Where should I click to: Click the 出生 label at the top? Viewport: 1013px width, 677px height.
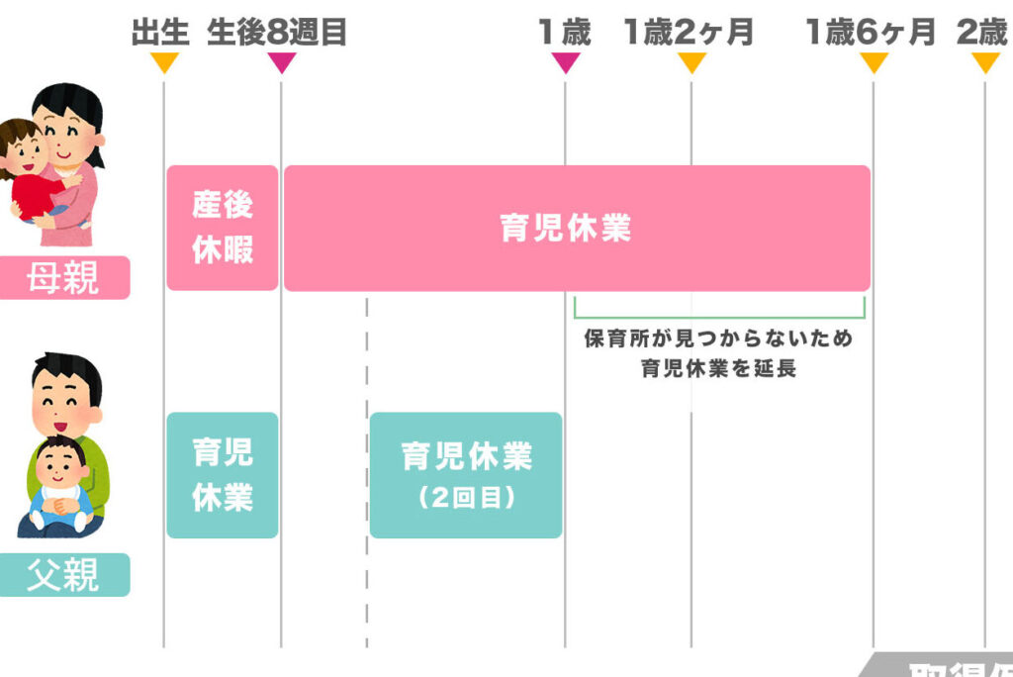159,33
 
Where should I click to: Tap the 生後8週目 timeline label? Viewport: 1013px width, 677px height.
277,33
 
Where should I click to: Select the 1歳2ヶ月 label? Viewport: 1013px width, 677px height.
689,33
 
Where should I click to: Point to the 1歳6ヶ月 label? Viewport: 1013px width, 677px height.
871,33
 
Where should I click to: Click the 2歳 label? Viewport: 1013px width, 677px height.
982,33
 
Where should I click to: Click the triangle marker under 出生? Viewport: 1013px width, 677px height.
164,63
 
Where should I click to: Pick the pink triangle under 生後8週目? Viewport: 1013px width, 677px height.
281,63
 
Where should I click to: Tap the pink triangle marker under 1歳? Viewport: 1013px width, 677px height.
565,63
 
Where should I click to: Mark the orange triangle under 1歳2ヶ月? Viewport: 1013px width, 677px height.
691,63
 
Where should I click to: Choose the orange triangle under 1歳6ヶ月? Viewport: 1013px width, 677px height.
874,63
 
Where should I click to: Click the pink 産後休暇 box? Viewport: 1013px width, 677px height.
223,228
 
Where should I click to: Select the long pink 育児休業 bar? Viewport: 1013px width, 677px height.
577,228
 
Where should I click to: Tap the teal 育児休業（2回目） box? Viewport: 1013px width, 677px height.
466,475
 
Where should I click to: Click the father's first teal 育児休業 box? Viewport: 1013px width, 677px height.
223,475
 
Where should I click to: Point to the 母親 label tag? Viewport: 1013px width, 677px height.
64,278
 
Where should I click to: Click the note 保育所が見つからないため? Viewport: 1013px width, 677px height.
718,338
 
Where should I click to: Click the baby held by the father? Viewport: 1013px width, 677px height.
61,485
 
